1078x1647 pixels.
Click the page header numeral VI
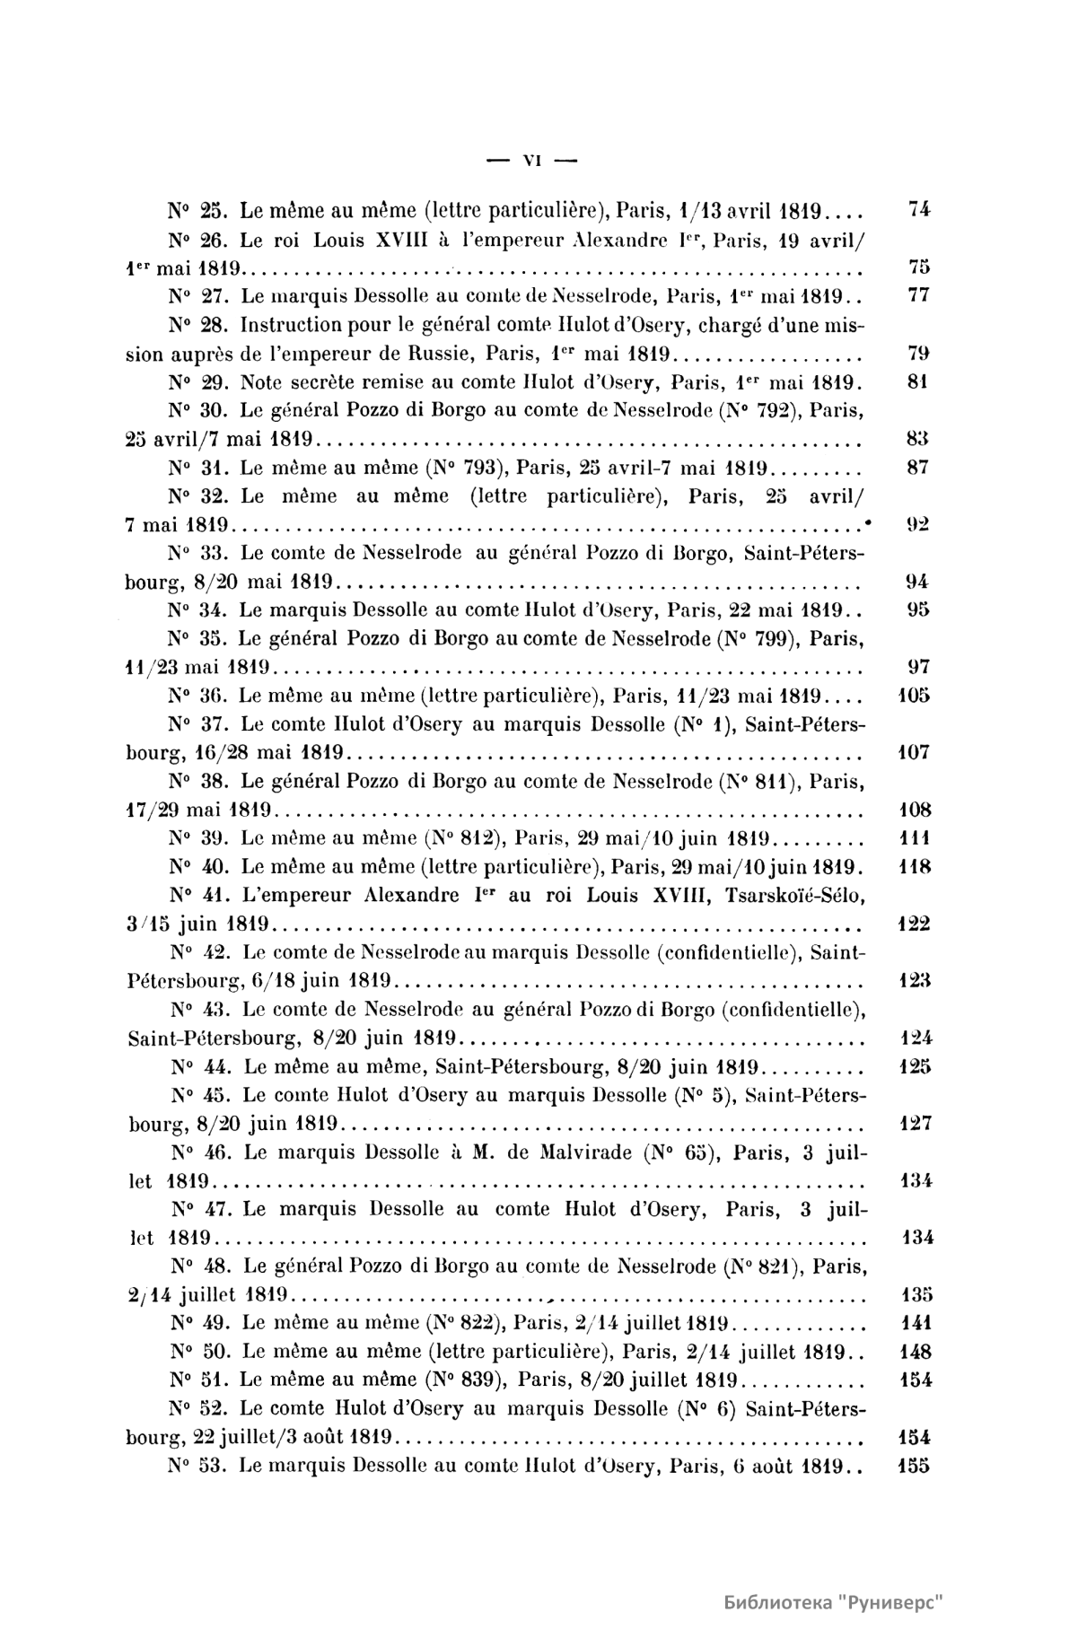[x=530, y=162]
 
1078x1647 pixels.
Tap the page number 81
[x=917, y=381]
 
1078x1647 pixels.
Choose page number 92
[x=917, y=524]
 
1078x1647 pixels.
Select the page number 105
[x=915, y=695]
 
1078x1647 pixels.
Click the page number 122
[x=915, y=924]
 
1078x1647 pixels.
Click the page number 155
[x=915, y=1466]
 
